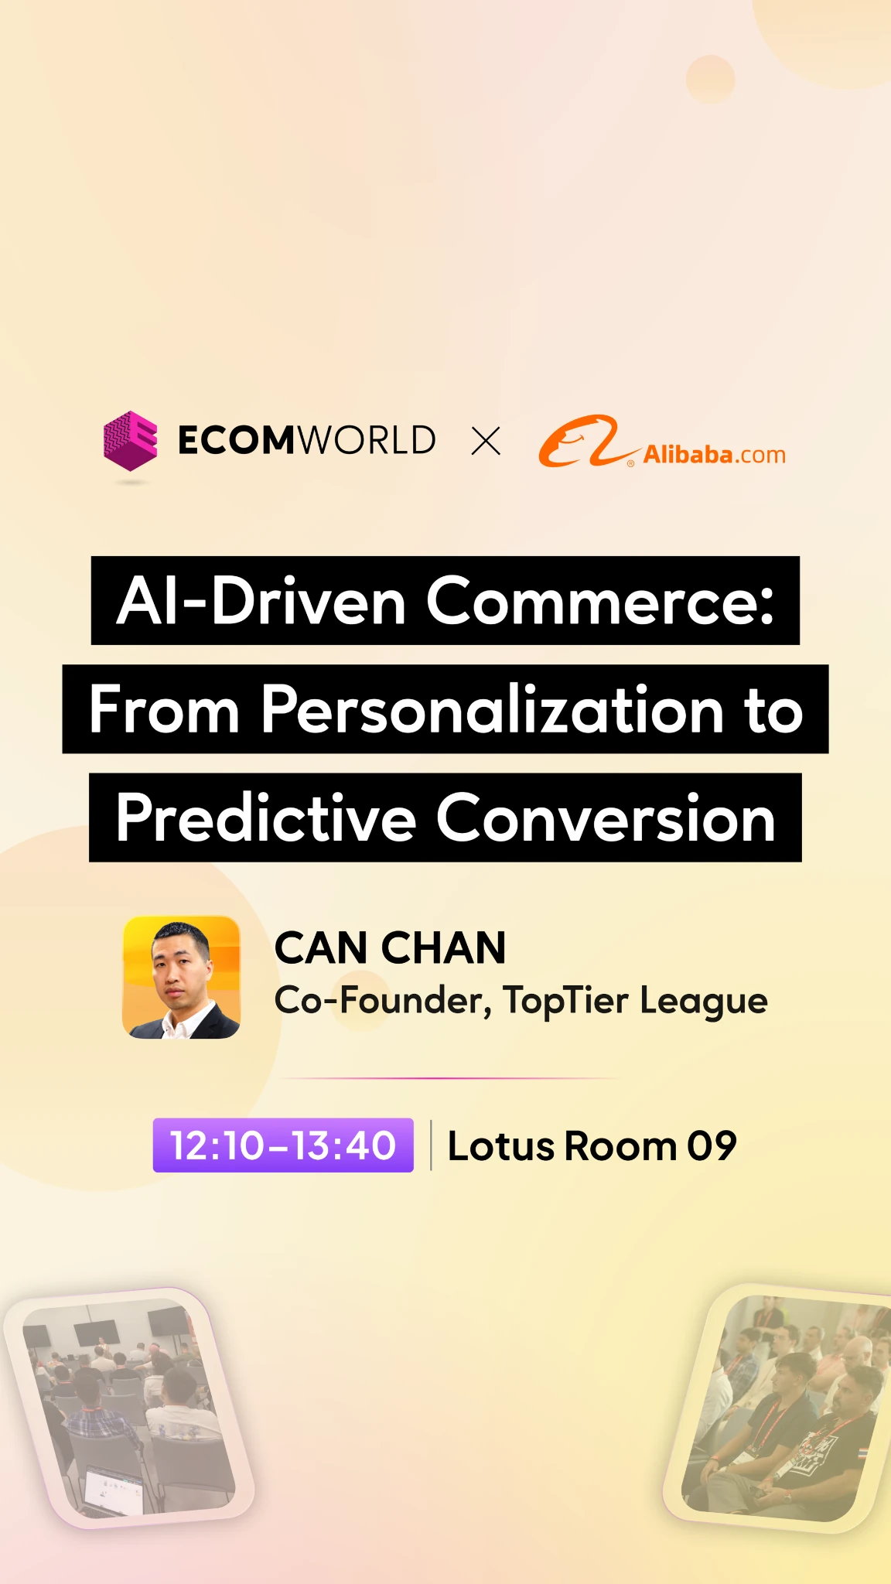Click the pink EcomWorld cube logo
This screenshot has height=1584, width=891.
point(131,440)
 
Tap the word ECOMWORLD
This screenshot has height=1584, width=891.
point(307,440)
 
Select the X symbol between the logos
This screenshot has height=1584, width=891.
point(486,441)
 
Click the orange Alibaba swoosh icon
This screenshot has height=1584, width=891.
point(588,442)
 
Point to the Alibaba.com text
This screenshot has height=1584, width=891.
point(715,454)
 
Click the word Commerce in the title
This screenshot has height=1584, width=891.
point(600,601)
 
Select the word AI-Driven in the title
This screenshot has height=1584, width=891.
point(261,601)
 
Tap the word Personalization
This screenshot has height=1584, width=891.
point(493,710)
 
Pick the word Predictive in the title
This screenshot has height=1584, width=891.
point(266,818)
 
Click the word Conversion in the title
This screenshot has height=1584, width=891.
point(606,818)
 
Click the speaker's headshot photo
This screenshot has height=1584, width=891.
point(181,977)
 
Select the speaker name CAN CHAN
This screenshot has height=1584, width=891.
point(390,947)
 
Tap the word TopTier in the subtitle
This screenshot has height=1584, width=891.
point(566,1001)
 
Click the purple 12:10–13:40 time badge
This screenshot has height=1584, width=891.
point(283,1145)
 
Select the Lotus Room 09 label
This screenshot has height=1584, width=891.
point(592,1145)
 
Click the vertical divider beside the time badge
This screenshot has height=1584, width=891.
point(431,1145)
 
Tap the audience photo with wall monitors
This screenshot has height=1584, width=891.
point(128,1408)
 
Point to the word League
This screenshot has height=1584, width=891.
point(703,1002)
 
